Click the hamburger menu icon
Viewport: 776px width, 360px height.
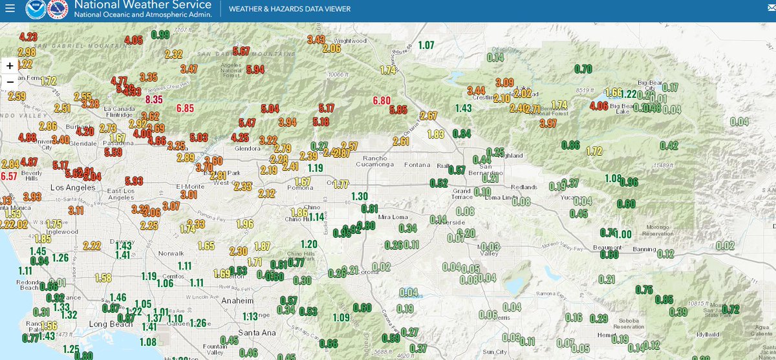(x=9, y=9)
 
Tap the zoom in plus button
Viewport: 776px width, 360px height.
(x=10, y=66)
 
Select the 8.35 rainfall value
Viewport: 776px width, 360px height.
(x=154, y=100)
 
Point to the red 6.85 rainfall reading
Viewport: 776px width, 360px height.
(x=185, y=108)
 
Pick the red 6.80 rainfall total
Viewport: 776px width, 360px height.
(x=382, y=100)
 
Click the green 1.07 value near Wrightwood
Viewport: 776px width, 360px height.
(x=426, y=45)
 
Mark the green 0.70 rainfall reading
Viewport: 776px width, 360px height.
(x=583, y=69)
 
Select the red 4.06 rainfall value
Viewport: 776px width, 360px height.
(x=599, y=106)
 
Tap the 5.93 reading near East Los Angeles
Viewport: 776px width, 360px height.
(x=135, y=180)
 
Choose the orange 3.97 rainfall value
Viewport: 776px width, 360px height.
(x=548, y=123)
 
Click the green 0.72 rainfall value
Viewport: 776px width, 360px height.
(x=730, y=309)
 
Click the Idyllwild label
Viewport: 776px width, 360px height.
(x=707, y=334)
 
